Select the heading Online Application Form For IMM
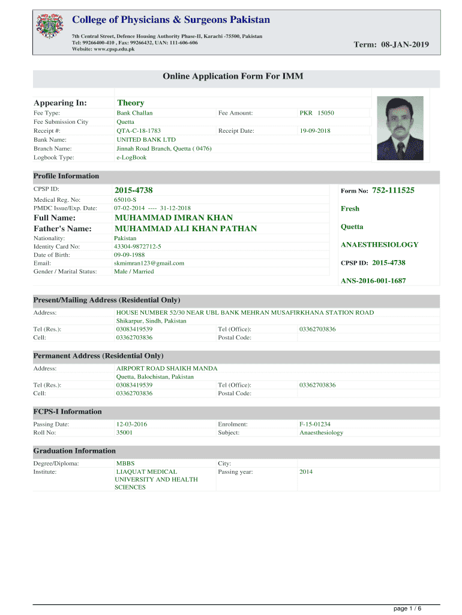pyautogui.click(x=237, y=76)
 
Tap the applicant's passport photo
pyautogui.click(x=400, y=128)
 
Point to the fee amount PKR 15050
pyautogui.click(x=317, y=113)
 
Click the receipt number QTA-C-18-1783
pyautogui.click(x=139, y=130)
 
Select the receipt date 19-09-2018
pyautogui.click(x=315, y=130)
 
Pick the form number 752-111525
pyautogui.click(x=394, y=190)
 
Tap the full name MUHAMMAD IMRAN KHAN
pyautogui.click(x=173, y=217)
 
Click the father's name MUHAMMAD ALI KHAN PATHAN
pyautogui.click(x=185, y=229)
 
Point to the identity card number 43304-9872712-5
pyautogui.click(x=137, y=246)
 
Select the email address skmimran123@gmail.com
pyautogui.click(x=149, y=263)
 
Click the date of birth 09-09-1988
pyautogui.click(x=129, y=255)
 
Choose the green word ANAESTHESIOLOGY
pyautogui.click(x=379, y=245)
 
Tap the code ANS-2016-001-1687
pyautogui.click(x=373, y=280)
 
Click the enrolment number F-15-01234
pyautogui.click(x=315, y=424)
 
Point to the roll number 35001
pyautogui.click(x=124, y=432)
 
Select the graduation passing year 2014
pyautogui.click(x=306, y=472)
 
